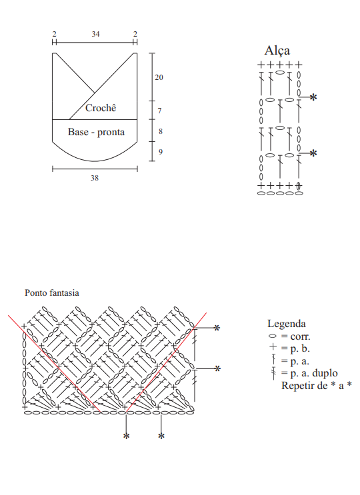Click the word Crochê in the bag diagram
101,108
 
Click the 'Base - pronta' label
96,132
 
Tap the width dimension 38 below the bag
95,178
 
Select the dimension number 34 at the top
96,34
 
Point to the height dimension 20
159,77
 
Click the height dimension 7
160,111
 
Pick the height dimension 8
161,131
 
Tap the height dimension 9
161,152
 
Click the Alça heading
277,51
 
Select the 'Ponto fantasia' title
52,293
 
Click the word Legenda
287,324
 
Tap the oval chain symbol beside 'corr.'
272,336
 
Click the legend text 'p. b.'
300,349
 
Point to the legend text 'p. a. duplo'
314,374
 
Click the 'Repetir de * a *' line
317,386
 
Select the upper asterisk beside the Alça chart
313,97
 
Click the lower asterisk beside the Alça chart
313,153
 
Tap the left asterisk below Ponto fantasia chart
126,436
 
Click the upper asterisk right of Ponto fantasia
217,328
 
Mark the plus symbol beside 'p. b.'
273,346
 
